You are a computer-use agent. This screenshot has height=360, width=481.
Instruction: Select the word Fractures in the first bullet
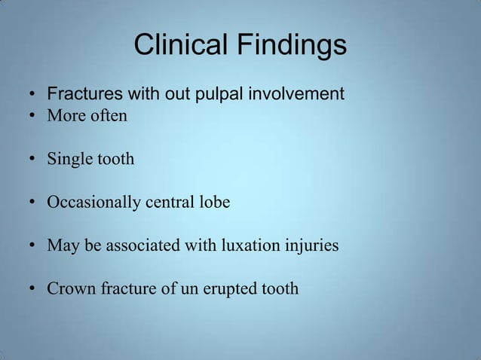click(81, 96)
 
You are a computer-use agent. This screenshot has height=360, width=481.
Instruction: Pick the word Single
click(67, 160)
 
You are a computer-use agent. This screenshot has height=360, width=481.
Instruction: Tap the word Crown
click(69, 288)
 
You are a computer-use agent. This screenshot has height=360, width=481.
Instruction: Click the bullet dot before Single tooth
click(34, 160)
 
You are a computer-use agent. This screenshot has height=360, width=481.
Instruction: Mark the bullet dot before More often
click(34, 117)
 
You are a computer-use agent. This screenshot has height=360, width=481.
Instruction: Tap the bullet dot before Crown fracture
click(34, 289)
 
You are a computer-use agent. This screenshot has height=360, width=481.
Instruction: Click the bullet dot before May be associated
click(34, 246)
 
